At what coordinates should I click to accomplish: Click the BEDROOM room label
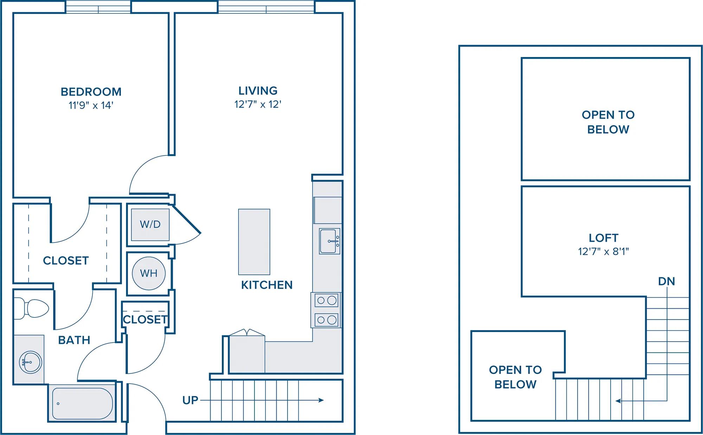91,92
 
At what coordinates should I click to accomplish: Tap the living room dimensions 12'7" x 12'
258,105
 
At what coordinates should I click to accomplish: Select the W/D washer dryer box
150,225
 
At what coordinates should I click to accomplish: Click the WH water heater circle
149,273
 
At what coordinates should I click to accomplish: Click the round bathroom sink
31,362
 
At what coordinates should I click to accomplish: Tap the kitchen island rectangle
254,242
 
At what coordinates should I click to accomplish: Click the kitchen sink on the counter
329,241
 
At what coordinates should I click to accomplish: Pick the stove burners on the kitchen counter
326,310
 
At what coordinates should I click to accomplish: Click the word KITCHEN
267,285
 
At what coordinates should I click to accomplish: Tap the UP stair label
190,400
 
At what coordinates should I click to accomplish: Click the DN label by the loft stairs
666,282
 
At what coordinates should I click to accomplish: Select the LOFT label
604,238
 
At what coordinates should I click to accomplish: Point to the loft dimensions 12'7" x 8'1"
604,252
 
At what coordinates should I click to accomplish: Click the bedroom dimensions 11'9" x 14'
91,105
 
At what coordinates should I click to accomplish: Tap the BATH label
74,340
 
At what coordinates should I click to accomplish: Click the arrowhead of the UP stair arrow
321,400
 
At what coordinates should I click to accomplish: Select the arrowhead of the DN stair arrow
618,401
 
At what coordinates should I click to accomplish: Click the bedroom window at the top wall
98,7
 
